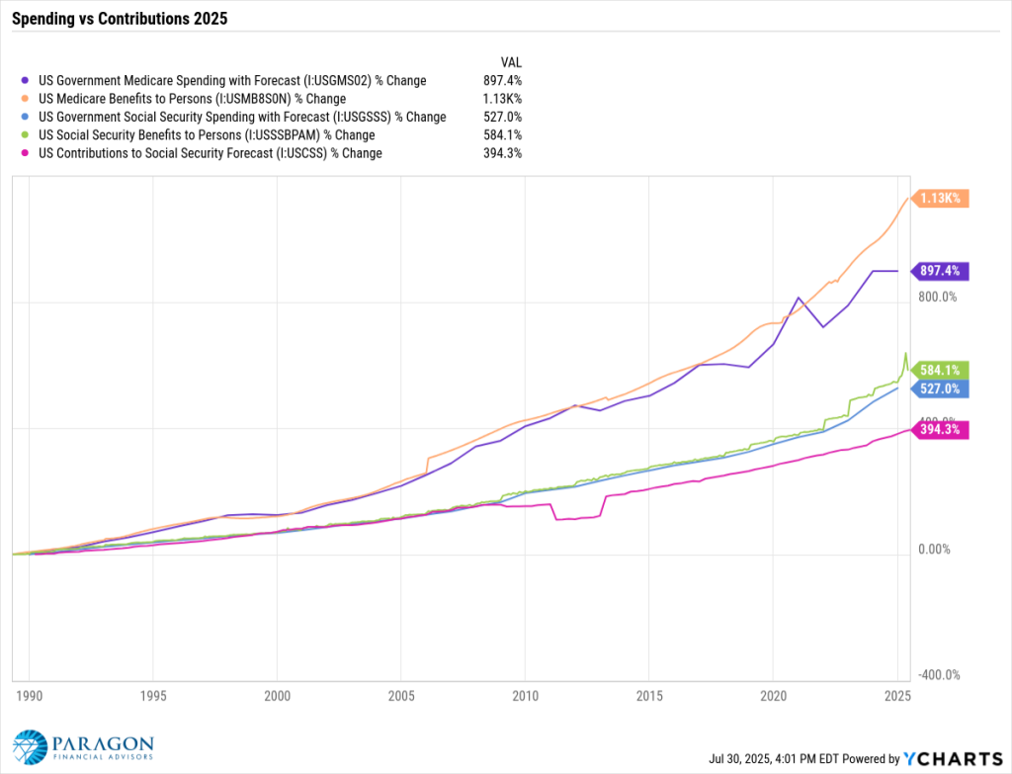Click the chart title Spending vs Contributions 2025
click(x=120, y=18)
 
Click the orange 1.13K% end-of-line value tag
click(x=940, y=198)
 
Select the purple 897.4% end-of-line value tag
click(x=940, y=271)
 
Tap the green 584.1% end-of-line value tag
click(x=940, y=371)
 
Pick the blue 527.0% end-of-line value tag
click(x=940, y=388)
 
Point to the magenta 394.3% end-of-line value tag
click(x=940, y=429)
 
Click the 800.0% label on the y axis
click(x=938, y=297)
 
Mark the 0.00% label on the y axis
click(x=934, y=550)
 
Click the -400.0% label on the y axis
click(x=939, y=675)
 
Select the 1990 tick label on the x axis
click(x=29, y=696)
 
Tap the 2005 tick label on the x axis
click(x=401, y=696)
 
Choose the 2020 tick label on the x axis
click(x=773, y=696)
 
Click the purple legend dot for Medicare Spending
click(x=25, y=81)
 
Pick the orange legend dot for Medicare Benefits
click(x=25, y=99)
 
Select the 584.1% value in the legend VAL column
click(x=503, y=134)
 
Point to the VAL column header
click(x=511, y=62)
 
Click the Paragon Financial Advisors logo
click(x=83, y=747)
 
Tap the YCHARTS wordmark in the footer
click(x=953, y=758)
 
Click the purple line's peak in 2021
click(x=799, y=298)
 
